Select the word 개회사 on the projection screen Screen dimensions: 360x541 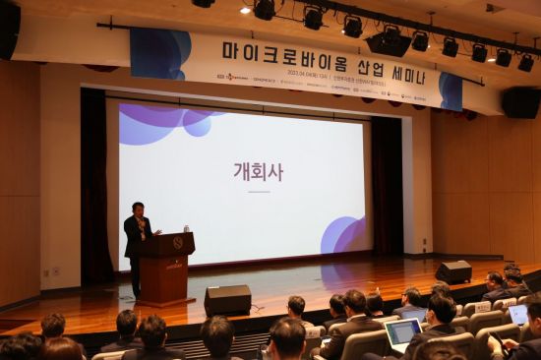click(258, 171)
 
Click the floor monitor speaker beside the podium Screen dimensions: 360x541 click(227, 299)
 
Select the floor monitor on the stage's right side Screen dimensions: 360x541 click(453, 271)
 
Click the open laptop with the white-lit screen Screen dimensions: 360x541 click(402, 332)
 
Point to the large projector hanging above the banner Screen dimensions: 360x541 click(389, 41)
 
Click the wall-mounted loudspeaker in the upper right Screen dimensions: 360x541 click(520, 101)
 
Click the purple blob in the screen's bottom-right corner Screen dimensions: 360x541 click(344, 235)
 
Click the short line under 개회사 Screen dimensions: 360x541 click(258, 191)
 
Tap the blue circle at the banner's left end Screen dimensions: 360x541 click(159, 53)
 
